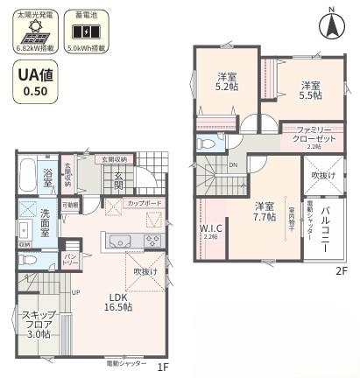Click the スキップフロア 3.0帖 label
click(x=37, y=325)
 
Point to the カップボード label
click(x=144, y=203)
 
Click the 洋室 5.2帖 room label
click(x=228, y=81)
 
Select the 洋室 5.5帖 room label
click(x=310, y=91)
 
